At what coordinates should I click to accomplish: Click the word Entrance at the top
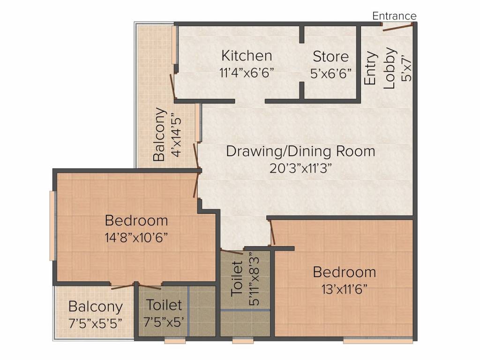[394, 16]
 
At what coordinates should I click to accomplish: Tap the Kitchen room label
[247, 56]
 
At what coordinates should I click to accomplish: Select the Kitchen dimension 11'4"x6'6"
[247, 73]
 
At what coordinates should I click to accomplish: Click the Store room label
[330, 57]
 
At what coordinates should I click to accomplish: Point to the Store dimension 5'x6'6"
[331, 74]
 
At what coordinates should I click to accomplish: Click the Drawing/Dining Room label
[300, 151]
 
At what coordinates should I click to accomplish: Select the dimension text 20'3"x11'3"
[300, 168]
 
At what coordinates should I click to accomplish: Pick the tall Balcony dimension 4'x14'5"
[177, 135]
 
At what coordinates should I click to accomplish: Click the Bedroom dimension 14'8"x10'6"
[136, 237]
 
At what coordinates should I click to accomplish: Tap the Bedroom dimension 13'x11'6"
[345, 289]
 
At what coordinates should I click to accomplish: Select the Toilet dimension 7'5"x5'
[164, 322]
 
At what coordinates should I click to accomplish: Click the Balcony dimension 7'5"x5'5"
[96, 323]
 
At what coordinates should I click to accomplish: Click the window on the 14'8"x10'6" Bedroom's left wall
[52, 226]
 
